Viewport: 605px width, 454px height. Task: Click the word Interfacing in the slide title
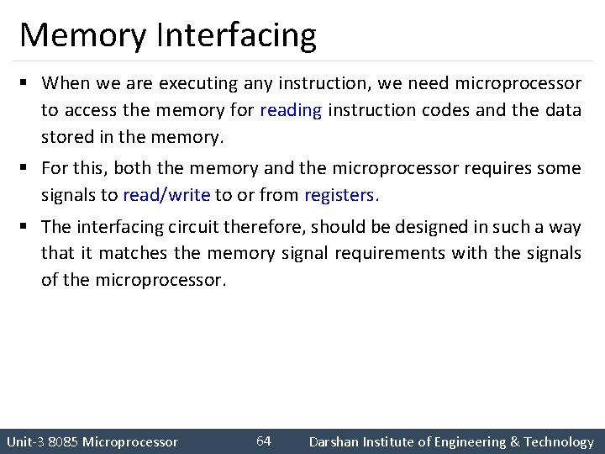(x=236, y=35)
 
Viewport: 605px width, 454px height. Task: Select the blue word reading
(x=291, y=110)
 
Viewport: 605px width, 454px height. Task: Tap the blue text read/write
(x=166, y=195)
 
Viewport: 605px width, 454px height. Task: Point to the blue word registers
(x=339, y=195)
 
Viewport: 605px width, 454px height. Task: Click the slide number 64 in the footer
(x=263, y=441)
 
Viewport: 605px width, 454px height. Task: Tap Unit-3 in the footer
(x=24, y=442)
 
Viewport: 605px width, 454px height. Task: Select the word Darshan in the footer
(x=334, y=442)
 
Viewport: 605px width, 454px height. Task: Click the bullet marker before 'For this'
(x=27, y=168)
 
